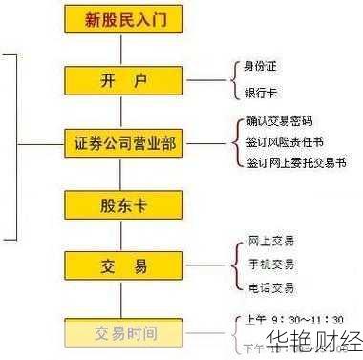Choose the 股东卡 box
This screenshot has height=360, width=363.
click(x=119, y=203)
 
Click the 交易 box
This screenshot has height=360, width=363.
click(x=119, y=265)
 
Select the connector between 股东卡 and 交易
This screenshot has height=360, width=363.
click(x=119, y=234)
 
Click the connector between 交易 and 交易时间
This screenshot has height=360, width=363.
click(x=119, y=299)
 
